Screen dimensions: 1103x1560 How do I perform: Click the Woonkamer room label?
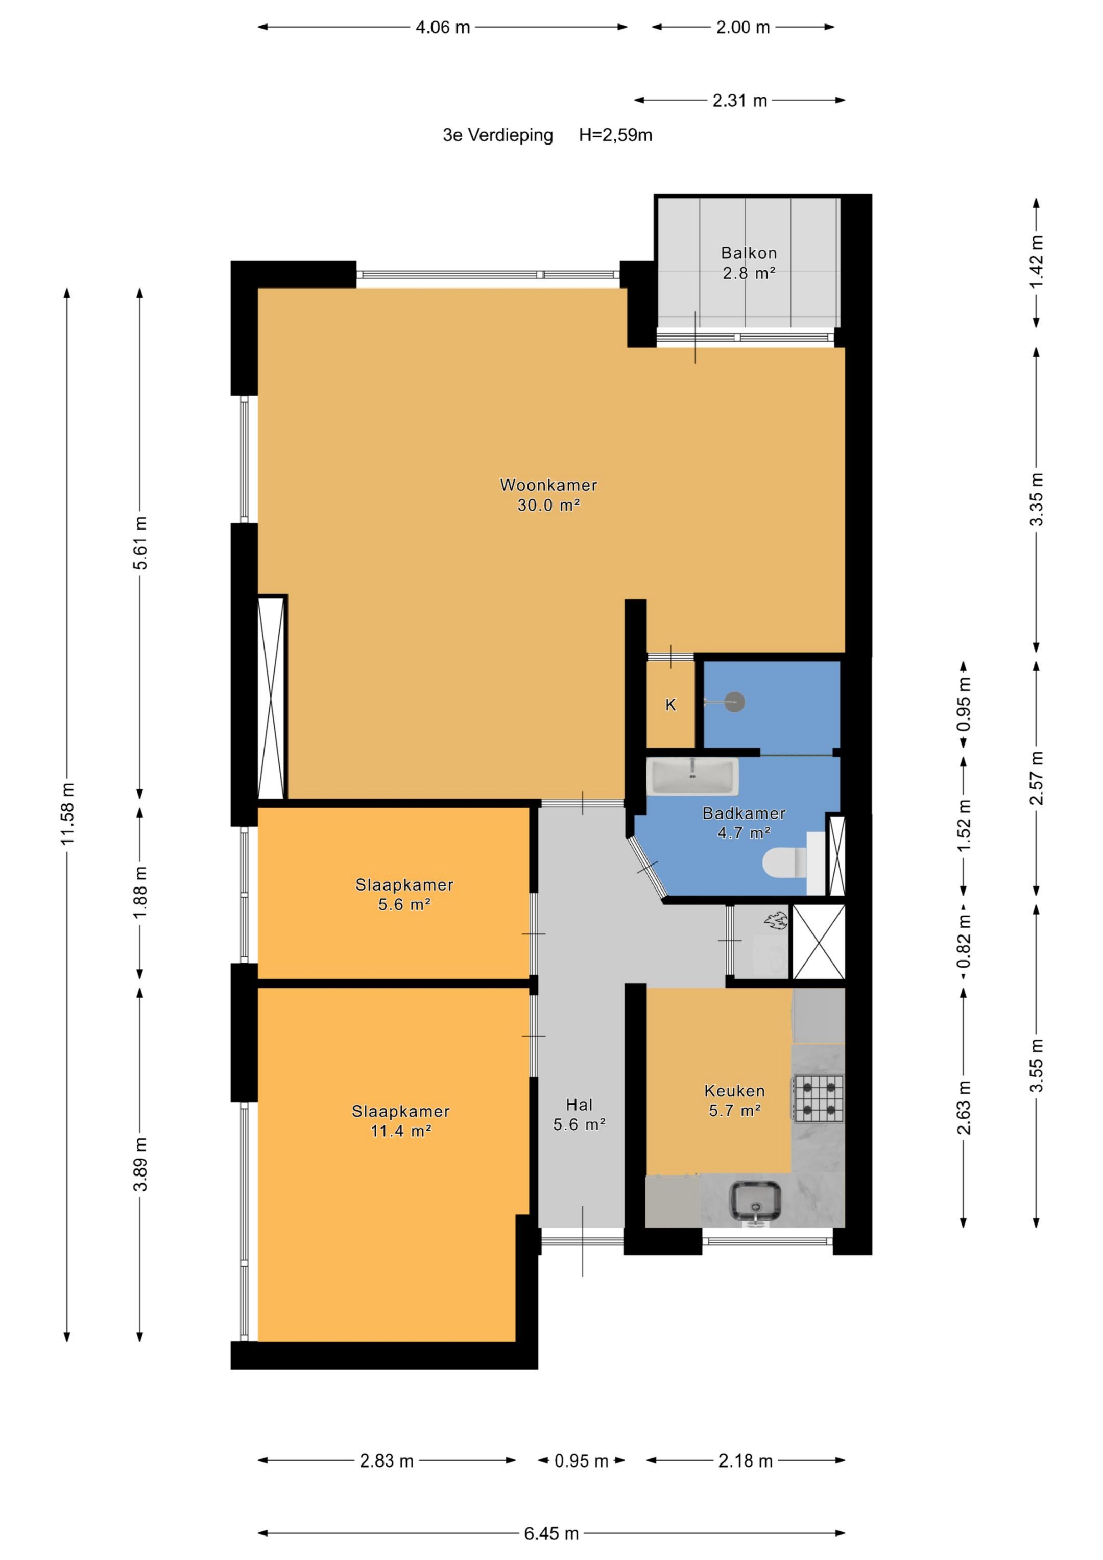point(548,485)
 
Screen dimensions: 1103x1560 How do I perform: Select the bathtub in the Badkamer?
point(692,777)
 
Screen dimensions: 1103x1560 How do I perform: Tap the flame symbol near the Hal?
point(776,922)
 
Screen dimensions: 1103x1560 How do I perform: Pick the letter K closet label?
point(671,705)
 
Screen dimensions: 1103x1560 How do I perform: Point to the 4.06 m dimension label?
point(443,27)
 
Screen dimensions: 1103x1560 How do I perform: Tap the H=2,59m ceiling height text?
point(616,135)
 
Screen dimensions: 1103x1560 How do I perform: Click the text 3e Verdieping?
point(498,135)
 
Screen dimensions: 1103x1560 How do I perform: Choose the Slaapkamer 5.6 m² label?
point(404,894)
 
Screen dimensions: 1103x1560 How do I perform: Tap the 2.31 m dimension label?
point(739,101)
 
